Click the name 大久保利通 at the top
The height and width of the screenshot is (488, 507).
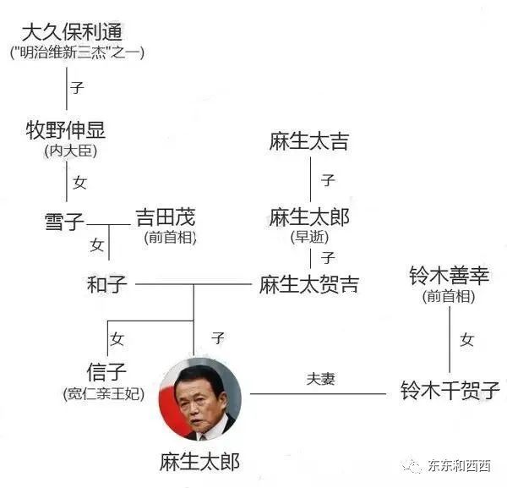pos(72,32)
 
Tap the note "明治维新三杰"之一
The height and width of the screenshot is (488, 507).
pos(77,52)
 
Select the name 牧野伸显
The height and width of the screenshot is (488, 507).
pos(66,130)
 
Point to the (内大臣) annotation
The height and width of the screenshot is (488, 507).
pos(71,151)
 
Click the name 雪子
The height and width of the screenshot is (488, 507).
pos(64,222)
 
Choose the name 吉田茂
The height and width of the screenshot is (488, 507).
pos(166,217)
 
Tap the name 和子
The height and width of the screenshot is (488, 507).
pos(106,284)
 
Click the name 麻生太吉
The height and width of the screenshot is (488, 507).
pos(309,141)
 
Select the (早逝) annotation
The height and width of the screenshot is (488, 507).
pos(309,237)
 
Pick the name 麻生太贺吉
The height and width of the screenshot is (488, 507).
pos(309,284)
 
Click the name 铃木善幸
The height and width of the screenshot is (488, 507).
pos(450,276)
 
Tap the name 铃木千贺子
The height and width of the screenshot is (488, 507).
pos(450,390)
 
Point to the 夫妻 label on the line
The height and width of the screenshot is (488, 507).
pos(320,379)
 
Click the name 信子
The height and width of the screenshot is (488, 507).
pos(106,372)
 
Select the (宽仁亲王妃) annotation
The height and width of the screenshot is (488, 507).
pos(104,393)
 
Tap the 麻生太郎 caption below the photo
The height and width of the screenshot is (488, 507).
pos(199,462)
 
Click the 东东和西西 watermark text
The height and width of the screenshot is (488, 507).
pos(459,466)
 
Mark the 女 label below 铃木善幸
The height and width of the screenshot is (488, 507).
pos(467,340)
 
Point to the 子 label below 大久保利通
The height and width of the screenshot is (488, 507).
pos(77,88)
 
